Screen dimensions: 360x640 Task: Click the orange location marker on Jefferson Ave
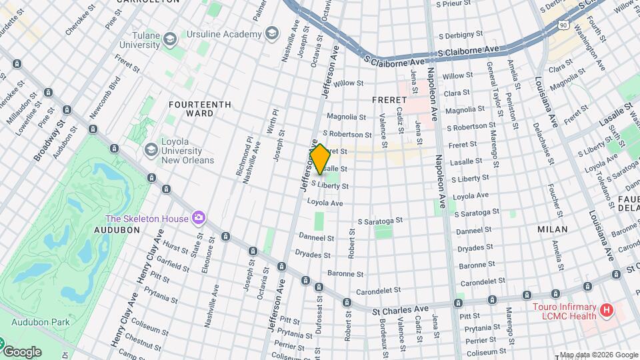[x=320, y=159]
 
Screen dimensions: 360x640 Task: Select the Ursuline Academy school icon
[x=271, y=33]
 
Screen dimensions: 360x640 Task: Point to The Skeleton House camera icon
[x=198, y=218]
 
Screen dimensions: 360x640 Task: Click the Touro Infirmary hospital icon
[x=606, y=310]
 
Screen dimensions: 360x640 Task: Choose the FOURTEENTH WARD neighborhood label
[x=199, y=109]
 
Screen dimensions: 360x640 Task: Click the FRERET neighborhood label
[x=388, y=99]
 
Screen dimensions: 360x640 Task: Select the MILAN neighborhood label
[x=553, y=229]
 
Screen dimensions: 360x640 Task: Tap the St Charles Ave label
[x=400, y=310]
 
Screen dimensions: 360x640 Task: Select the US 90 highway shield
[x=563, y=25]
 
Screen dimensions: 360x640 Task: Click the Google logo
[x=22, y=351]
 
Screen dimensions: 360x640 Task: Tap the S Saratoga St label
[x=380, y=220]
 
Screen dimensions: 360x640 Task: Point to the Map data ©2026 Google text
[x=598, y=355]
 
